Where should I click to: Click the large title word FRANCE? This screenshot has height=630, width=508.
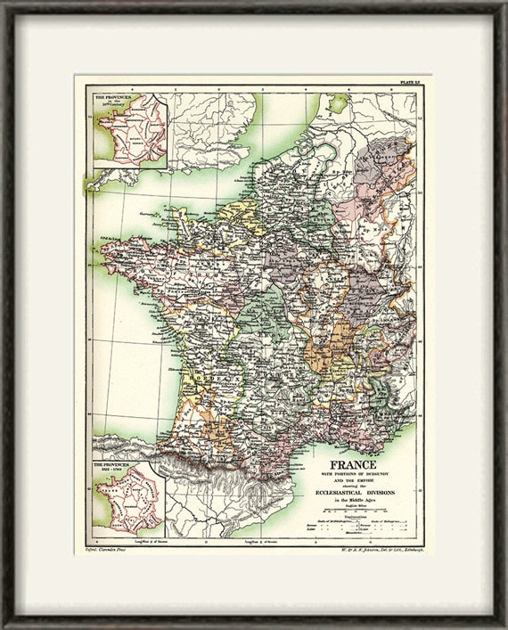[x=354, y=465]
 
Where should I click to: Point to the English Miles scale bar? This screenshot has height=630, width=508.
[x=354, y=512]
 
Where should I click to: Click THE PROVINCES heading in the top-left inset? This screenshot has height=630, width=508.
[x=107, y=94]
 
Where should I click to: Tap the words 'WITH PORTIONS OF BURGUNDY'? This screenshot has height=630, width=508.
[x=355, y=473]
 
